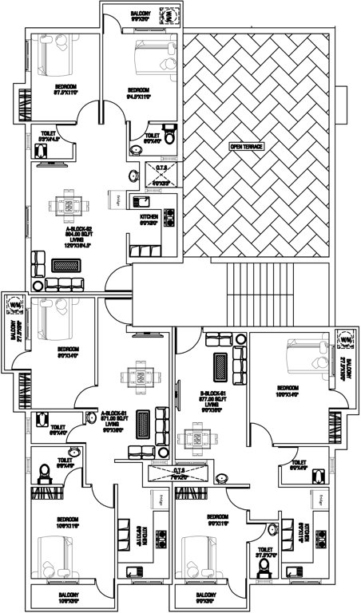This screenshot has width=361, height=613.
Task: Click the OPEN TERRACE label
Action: pyautogui.click(x=246, y=147)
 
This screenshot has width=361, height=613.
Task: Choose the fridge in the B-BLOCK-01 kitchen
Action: pyautogui.click(x=317, y=500)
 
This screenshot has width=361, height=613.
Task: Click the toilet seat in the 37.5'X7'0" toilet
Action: pyautogui.click(x=265, y=567)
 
